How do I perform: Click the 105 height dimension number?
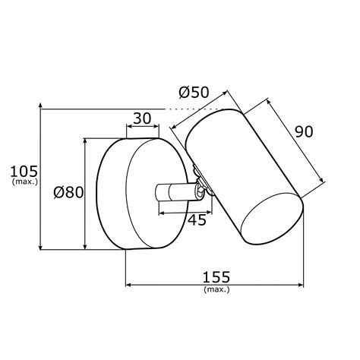click(24, 172)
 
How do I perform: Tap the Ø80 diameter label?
click(68, 192)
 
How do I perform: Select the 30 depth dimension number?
click(142, 118)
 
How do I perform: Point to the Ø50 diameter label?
click(194, 92)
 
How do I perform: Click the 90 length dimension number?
click(304, 131)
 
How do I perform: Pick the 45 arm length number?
click(197, 219)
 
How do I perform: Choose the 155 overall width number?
click(216, 277)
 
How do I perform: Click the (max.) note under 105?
click(25, 182)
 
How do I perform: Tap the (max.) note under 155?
click(216, 289)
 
